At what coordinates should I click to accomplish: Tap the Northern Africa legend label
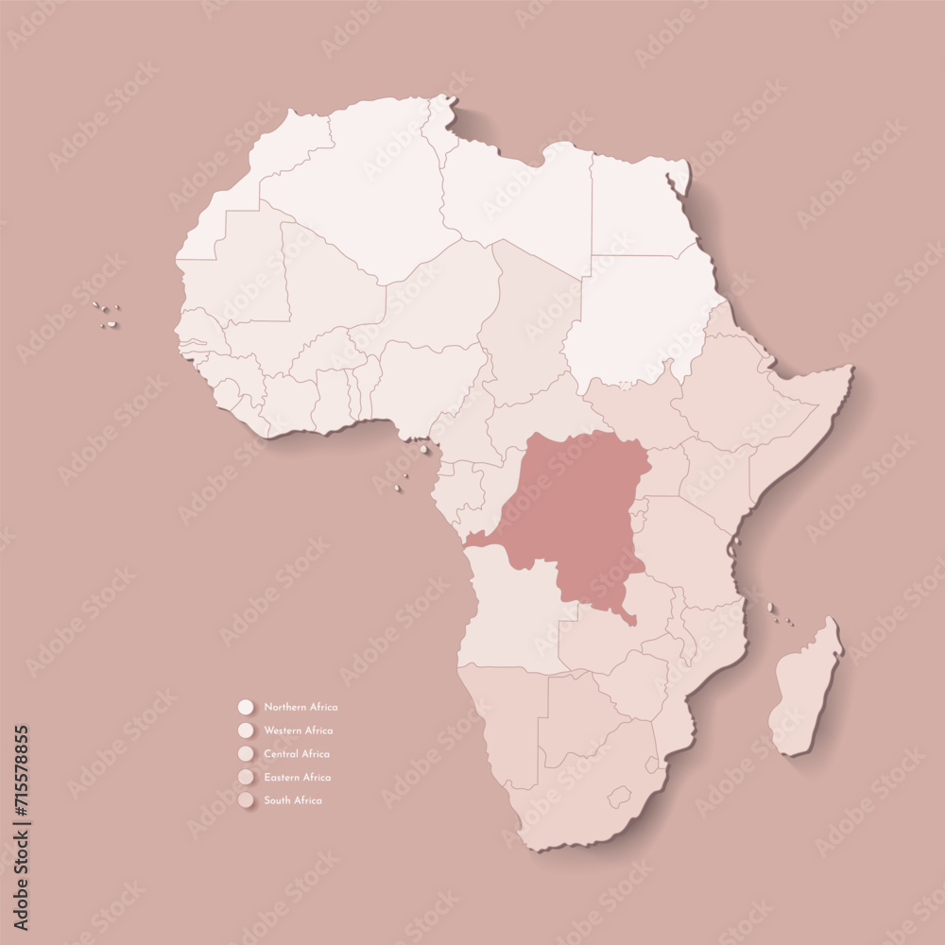tap(301, 707)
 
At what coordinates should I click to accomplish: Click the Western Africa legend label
tap(299, 730)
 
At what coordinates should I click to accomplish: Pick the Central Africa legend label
tap(297, 754)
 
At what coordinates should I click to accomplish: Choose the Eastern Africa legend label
tap(298, 778)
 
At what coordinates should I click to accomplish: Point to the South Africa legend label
tap(293, 800)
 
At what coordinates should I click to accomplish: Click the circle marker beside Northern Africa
tap(247, 707)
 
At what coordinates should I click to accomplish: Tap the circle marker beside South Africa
tap(247, 800)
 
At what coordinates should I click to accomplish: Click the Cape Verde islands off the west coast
tap(108, 315)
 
